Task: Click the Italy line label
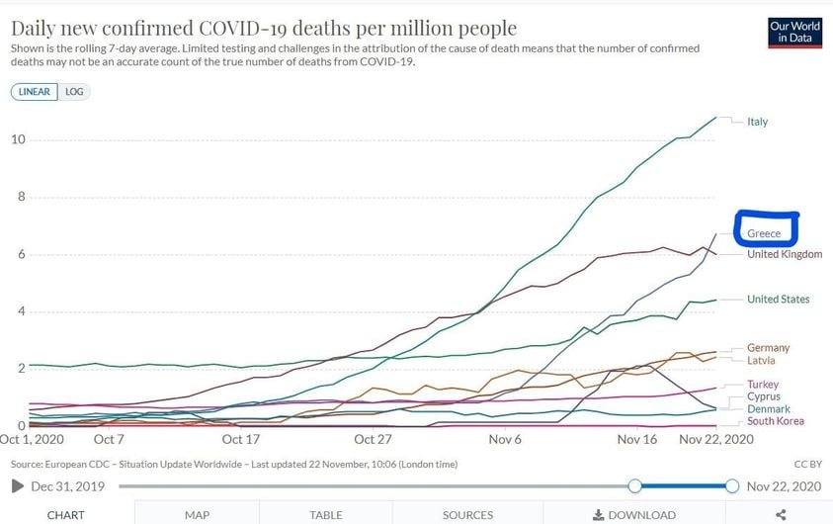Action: point(757,122)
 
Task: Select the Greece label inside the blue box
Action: point(764,233)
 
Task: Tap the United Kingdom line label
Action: point(785,254)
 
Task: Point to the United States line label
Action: point(778,299)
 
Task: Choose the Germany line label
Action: point(768,348)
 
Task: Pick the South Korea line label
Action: point(776,421)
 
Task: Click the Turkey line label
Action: point(763,385)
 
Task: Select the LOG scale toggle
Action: point(74,91)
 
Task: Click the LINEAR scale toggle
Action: point(35,91)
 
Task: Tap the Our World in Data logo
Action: point(794,33)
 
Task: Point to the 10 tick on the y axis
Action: point(18,138)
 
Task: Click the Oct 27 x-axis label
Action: point(372,439)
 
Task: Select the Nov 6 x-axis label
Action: point(505,439)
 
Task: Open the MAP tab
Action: point(197,514)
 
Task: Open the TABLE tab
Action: point(326,514)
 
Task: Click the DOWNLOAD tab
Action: point(633,514)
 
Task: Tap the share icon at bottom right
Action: point(781,514)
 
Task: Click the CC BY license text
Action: point(808,463)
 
